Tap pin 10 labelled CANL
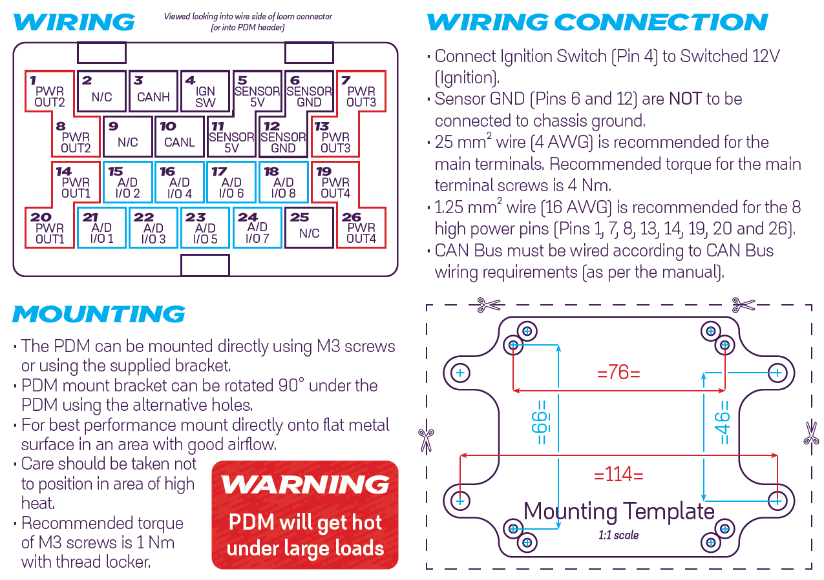(180, 137)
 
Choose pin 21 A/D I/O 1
(102, 228)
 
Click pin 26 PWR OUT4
(361, 227)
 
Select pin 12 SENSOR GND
(283, 137)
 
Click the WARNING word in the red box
(305, 484)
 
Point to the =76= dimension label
(618, 373)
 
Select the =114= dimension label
(618, 475)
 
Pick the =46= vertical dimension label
(723, 422)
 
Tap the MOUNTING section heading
(99, 315)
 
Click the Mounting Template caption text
(618, 512)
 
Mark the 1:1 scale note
(618, 535)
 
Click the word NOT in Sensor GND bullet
(685, 99)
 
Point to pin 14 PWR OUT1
(76, 183)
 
